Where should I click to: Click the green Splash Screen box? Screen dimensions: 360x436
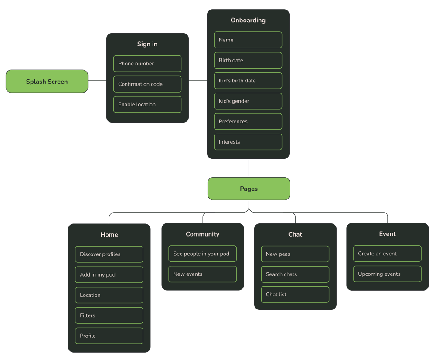coord(47,82)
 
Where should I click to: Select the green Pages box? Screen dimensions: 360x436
coord(249,189)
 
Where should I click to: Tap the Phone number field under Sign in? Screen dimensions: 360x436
coord(147,64)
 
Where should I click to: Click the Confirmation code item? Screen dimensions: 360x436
coord(147,84)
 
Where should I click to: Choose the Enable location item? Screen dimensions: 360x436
coord(147,105)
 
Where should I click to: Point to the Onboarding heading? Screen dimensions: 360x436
coord(248,20)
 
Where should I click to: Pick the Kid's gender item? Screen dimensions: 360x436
coord(248,101)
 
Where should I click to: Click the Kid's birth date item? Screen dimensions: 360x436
coord(248,81)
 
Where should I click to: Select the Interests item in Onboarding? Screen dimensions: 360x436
coord(248,142)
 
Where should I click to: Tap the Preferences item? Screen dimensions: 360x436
coord(248,122)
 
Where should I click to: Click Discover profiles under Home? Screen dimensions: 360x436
coord(109,254)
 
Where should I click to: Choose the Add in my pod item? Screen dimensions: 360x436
coord(109,275)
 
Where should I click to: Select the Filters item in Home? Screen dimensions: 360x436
coord(109,315)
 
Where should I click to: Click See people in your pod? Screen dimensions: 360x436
coord(202,254)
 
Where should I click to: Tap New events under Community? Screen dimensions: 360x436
coord(202,274)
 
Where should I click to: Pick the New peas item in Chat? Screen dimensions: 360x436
coord(295,254)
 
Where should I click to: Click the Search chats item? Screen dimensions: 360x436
coord(295,274)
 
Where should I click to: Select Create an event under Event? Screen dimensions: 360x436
coord(387,254)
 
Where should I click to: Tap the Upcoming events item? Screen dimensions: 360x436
coord(387,274)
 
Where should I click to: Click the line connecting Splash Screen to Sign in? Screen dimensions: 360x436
coord(97,81)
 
